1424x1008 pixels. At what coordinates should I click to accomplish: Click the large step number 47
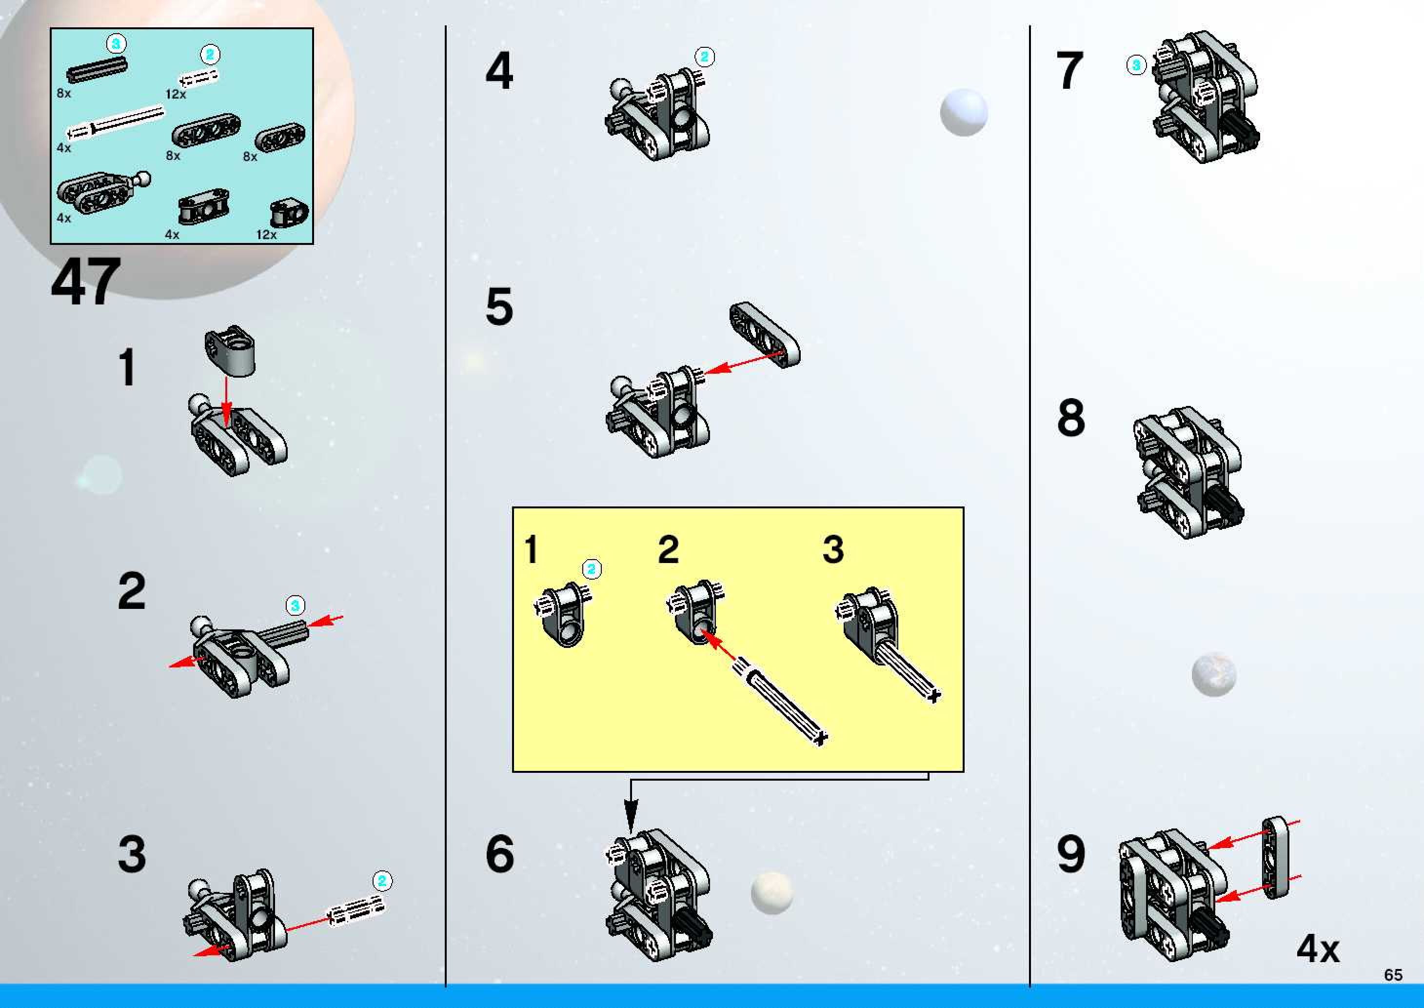pos(86,282)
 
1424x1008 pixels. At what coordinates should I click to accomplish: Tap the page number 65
pos(1393,975)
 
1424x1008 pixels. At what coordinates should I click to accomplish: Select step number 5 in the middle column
pos(499,306)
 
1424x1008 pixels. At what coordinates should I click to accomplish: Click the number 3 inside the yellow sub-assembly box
pos(833,549)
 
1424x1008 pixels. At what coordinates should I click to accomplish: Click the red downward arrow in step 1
pos(226,403)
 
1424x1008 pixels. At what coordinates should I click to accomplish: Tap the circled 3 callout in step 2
pos(295,605)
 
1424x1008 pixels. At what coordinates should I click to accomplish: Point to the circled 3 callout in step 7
pos(1136,64)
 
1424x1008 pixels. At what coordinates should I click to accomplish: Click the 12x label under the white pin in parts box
pos(176,94)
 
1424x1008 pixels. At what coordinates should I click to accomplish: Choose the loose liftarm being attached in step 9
pos(1275,857)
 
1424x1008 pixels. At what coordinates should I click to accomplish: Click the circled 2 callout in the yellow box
pos(592,569)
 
